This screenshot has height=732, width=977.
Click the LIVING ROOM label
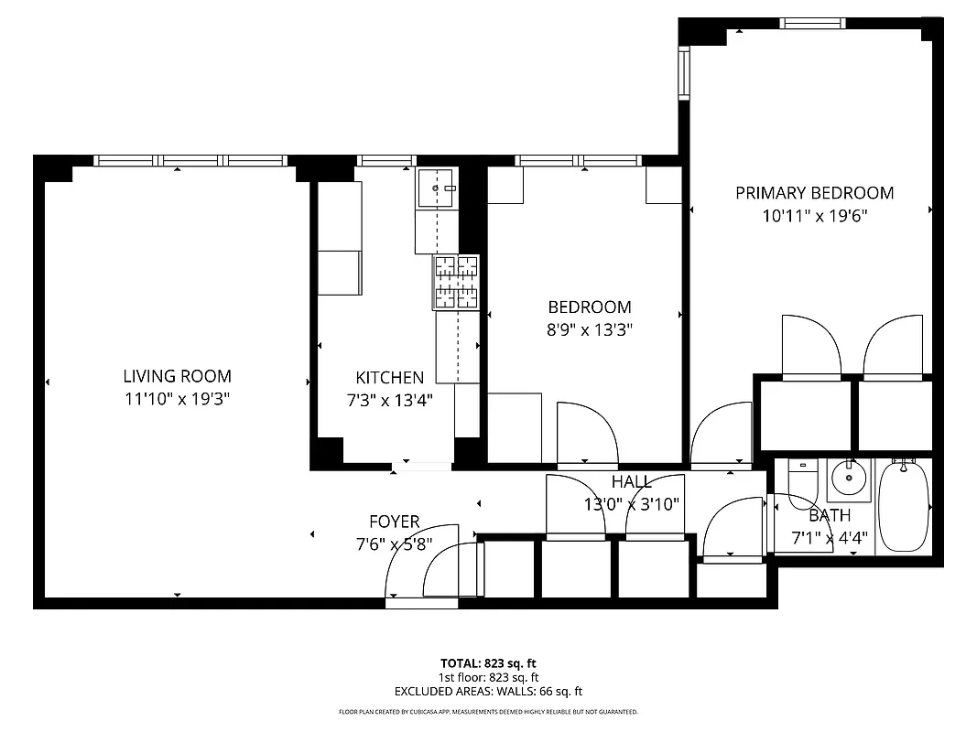(x=177, y=376)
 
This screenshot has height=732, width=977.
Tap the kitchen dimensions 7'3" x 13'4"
(x=389, y=400)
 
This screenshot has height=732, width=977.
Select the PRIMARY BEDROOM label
(x=814, y=193)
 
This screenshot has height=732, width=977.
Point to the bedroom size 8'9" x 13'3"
(x=590, y=330)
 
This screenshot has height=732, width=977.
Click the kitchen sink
(x=436, y=188)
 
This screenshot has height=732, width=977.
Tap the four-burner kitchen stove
(x=456, y=281)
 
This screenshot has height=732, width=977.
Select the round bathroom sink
(x=852, y=477)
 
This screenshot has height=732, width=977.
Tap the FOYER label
(x=394, y=522)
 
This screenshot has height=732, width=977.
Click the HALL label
(x=632, y=482)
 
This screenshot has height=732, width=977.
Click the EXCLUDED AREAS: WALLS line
(x=488, y=692)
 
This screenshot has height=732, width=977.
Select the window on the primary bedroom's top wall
(x=812, y=24)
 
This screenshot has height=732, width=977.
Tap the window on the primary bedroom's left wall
(x=683, y=71)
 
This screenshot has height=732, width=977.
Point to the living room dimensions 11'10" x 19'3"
(x=177, y=399)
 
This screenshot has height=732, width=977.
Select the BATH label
(x=829, y=516)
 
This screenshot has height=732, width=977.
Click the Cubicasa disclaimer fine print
(x=488, y=712)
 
